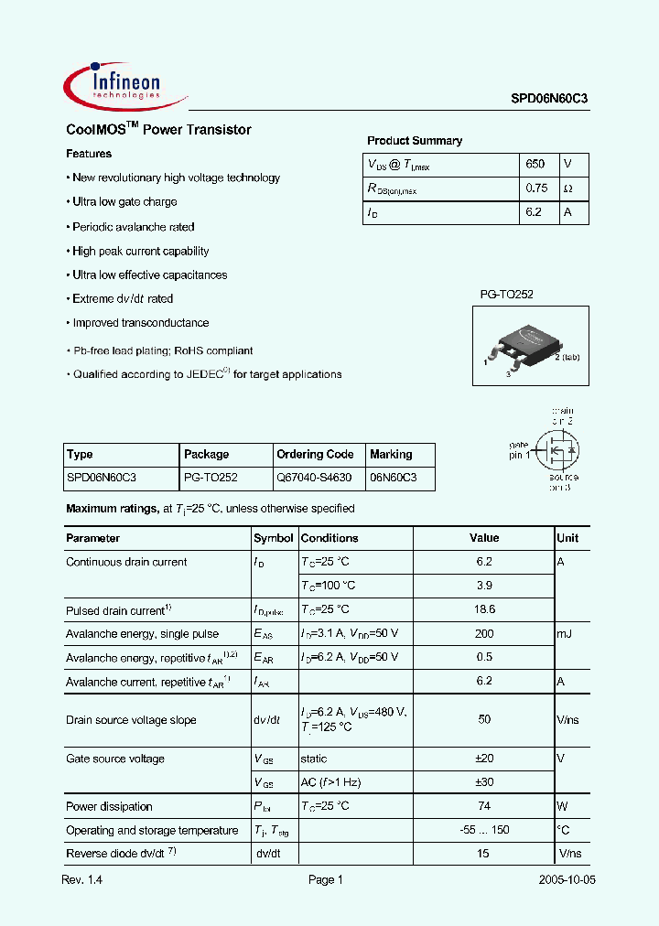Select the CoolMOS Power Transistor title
pyautogui.click(x=158, y=130)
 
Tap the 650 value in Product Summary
pyautogui.click(x=535, y=164)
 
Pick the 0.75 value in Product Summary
pyautogui.click(x=536, y=188)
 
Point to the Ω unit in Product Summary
pyautogui.click(x=568, y=188)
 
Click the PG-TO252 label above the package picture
pyautogui.click(x=506, y=294)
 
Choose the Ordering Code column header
pyautogui.click(x=315, y=454)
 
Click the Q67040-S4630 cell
pyautogui.click(x=314, y=478)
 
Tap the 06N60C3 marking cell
pyautogui.click(x=393, y=478)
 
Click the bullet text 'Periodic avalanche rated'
pyautogui.click(x=134, y=227)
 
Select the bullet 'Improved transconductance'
pyautogui.click(x=141, y=323)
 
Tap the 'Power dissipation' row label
pyautogui.click(x=109, y=806)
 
